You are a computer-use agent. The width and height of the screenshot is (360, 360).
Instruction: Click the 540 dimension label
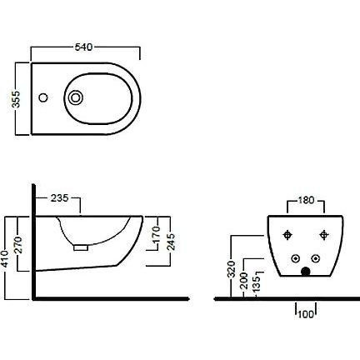(x=83, y=47)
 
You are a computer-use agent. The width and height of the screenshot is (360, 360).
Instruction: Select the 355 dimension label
(x=16, y=99)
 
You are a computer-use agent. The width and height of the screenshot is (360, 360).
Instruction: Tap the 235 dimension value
(x=60, y=198)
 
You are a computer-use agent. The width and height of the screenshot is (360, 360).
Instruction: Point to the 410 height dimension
(x=5, y=258)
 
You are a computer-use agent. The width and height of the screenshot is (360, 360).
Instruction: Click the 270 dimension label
(x=18, y=245)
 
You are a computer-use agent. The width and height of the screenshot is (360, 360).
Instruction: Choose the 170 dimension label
(x=157, y=234)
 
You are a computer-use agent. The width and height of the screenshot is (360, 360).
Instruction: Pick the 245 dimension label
(x=171, y=242)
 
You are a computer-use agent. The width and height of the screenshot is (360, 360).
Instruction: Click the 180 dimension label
(x=306, y=200)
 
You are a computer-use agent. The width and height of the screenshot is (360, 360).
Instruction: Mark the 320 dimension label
(x=231, y=269)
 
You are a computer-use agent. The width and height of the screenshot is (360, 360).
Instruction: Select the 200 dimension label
(x=243, y=281)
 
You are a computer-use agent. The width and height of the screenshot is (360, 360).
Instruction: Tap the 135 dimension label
(x=256, y=283)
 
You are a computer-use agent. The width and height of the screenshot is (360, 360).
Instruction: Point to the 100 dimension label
(x=306, y=314)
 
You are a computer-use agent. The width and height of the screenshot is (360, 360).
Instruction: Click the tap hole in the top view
(x=43, y=97)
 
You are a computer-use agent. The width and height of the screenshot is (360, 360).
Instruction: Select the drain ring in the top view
(x=76, y=97)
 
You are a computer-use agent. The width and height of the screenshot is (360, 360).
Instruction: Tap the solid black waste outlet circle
(x=306, y=271)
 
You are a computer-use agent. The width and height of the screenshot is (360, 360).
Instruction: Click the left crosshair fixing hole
(x=287, y=235)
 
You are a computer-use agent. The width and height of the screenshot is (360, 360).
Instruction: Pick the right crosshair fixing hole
(x=323, y=235)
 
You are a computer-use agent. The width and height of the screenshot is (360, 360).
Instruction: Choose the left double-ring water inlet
(x=296, y=259)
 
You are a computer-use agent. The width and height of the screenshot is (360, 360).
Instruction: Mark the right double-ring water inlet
(x=315, y=259)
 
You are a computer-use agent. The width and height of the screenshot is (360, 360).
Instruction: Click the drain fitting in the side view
(x=81, y=247)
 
